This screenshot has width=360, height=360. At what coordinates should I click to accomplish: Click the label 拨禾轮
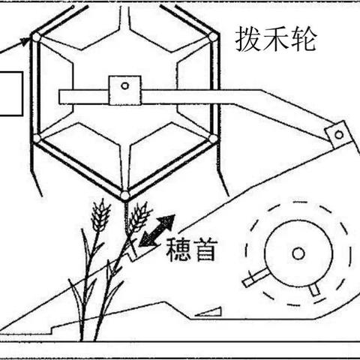[x=276, y=39]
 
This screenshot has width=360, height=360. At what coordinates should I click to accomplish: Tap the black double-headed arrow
[x=157, y=230]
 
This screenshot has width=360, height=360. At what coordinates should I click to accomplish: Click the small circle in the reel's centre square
[x=124, y=86]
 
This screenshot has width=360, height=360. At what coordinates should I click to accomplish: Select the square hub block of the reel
[x=124, y=90]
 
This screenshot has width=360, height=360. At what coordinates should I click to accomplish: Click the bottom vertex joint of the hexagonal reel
[x=124, y=195]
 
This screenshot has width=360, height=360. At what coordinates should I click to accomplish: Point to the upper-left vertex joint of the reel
[x=37, y=37]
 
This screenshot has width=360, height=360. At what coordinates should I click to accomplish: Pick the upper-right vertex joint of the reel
[x=213, y=37]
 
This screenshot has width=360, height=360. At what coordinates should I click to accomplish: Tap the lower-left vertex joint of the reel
[x=37, y=138]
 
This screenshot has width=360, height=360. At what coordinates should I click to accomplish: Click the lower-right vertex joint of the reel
[x=213, y=139]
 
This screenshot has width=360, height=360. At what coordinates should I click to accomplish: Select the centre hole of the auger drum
[x=298, y=253]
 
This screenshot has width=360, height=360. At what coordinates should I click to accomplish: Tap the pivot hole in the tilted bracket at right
[x=339, y=135]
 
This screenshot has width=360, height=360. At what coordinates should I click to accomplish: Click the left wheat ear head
[x=100, y=215]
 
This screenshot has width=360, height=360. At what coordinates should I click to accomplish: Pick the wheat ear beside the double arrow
[x=139, y=217]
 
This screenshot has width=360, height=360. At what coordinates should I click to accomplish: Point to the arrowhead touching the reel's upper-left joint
[x=24, y=41]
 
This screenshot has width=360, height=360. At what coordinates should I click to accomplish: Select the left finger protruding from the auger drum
[x=256, y=277]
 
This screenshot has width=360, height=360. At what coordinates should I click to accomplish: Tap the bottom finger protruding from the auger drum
[x=314, y=289]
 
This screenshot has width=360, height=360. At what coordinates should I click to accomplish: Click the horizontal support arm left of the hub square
[x=84, y=97]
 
